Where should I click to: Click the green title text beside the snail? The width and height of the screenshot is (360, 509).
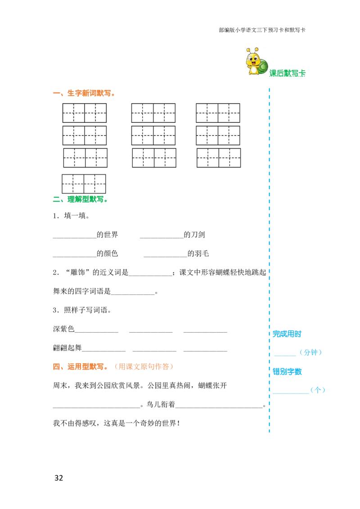288,73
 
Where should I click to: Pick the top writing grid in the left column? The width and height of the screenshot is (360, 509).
85,112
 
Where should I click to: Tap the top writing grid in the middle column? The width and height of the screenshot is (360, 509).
153,112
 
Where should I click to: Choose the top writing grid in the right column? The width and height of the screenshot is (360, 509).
218,112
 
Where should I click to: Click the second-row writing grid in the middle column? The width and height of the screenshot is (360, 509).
153,135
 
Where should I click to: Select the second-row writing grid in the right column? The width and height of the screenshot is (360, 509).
218,135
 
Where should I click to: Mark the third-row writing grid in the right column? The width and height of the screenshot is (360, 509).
219,158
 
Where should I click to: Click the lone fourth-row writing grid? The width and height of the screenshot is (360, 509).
84,183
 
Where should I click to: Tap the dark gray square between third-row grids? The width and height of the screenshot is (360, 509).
185,160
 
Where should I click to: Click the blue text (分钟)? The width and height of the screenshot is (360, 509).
311,353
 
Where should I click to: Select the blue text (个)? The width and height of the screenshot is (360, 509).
318,390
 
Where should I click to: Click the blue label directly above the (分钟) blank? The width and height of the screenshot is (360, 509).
287,334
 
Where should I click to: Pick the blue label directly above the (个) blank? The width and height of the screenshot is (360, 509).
287,372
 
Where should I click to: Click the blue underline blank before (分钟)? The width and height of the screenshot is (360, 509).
285,356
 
